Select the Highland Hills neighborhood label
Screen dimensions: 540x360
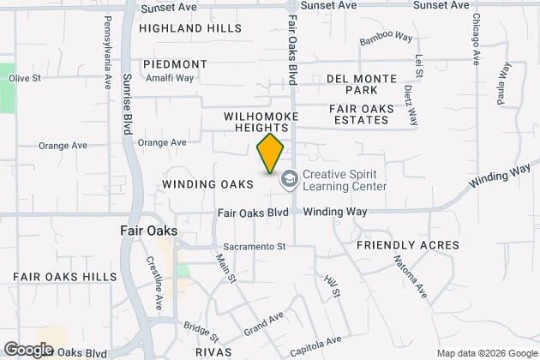pos(180,28)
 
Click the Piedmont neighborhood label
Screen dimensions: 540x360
pos(175,64)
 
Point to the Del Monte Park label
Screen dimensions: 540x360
pos(361,84)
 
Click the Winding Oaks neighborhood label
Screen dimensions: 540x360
pos(207,184)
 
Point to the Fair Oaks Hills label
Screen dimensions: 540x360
pos(64,277)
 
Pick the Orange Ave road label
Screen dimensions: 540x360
pos(161,142)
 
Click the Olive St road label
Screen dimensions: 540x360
pos(25,78)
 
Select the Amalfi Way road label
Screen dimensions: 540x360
pos(170,77)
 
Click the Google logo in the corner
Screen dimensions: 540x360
pos(27,350)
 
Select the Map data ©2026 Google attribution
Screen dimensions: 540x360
pos(485,353)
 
